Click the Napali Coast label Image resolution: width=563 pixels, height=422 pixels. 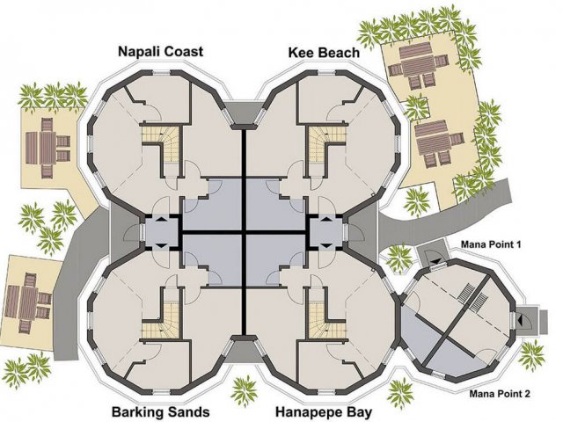click(x=160, y=52)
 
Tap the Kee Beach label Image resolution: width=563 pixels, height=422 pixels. click(x=324, y=53)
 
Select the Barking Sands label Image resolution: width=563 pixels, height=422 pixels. click(x=160, y=411)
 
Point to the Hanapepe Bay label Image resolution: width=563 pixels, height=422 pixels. click(x=324, y=411)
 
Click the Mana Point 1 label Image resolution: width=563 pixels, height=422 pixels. click(x=491, y=244)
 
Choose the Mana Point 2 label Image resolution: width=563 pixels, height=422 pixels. click(x=500, y=394)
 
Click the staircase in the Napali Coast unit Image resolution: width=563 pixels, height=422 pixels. click(x=161, y=142)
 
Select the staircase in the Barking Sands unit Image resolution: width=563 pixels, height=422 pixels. click(x=161, y=319)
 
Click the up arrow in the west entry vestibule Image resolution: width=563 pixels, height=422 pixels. click(x=161, y=218)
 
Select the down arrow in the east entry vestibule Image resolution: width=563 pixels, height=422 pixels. click(x=326, y=245)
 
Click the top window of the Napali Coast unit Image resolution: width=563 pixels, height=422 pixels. click(x=161, y=73)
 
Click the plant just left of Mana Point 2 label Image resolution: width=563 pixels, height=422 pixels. click(x=401, y=393)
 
